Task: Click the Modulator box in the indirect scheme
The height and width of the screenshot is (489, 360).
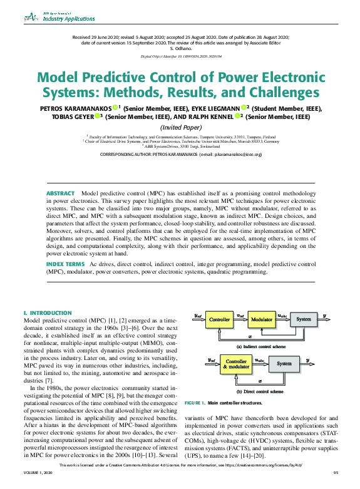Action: [262, 319]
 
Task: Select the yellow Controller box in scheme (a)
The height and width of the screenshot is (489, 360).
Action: [220, 319]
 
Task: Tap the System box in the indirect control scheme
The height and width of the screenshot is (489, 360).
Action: [304, 319]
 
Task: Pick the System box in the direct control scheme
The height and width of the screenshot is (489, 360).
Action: [284, 363]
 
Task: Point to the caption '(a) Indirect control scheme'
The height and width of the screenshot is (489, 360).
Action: [260, 346]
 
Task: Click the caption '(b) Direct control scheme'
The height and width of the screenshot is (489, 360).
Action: [260, 391]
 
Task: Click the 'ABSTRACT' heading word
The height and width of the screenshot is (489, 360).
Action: [60, 193]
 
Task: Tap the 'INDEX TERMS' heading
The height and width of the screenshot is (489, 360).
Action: [66, 265]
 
